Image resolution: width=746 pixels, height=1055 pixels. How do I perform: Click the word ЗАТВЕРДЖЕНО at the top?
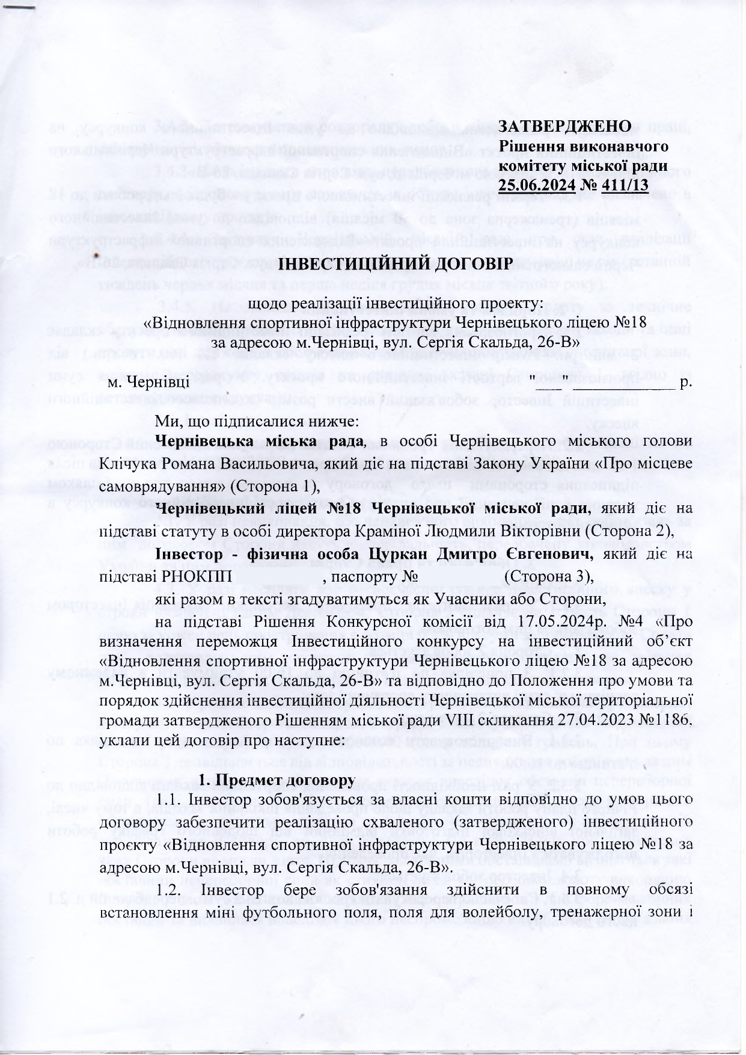coord(565,126)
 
